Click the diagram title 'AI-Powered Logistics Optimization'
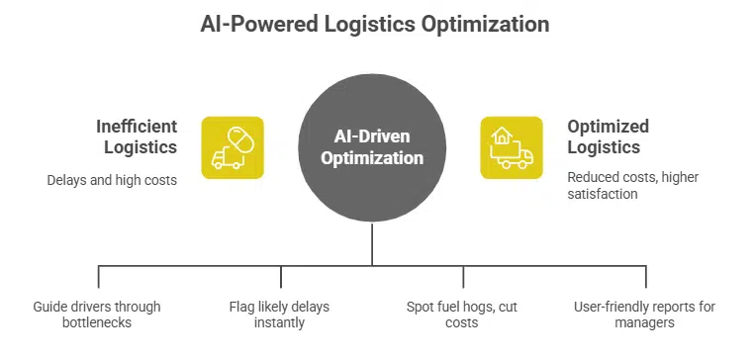[x=376, y=24]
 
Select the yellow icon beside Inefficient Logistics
[x=233, y=147]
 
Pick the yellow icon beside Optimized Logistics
[x=512, y=147]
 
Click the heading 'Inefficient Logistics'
[x=137, y=137]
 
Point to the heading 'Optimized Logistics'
[x=608, y=137]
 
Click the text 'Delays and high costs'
[x=112, y=181]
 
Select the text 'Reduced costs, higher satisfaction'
[x=626, y=185]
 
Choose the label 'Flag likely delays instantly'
[x=281, y=315]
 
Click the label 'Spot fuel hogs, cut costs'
[x=462, y=315]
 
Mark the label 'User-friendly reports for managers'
[x=644, y=315]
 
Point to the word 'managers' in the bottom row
[x=644, y=322]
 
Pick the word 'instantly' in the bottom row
[x=281, y=322]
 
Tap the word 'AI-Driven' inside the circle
[x=372, y=136]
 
